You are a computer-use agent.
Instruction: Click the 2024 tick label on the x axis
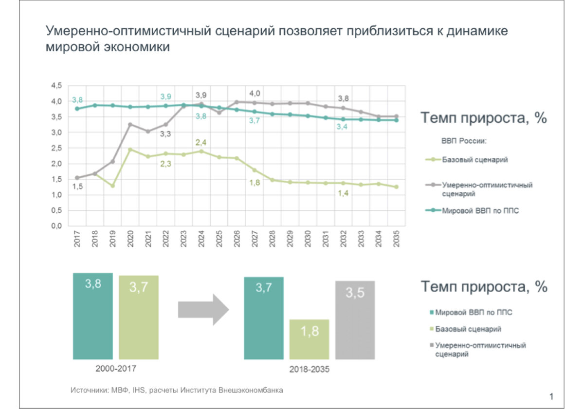point(201,239)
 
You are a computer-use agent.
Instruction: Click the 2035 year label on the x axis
point(397,239)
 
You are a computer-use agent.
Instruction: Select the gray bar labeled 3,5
point(355,320)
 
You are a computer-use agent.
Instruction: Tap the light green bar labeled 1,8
point(309,339)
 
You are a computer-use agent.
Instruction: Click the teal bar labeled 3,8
point(93,316)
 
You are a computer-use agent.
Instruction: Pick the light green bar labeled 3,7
point(139,317)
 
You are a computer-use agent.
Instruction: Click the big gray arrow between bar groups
point(203,309)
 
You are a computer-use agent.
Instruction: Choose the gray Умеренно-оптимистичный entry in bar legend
point(479,349)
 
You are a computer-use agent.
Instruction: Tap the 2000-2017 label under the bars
point(116,368)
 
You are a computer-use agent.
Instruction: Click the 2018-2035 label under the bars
point(309,369)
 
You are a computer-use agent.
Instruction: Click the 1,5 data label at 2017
point(77,187)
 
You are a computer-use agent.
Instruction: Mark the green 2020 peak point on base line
point(130,150)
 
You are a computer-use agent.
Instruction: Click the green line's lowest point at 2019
point(112,186)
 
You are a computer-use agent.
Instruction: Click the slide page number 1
point(551,397)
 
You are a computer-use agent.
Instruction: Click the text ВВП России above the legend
point(464,141)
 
